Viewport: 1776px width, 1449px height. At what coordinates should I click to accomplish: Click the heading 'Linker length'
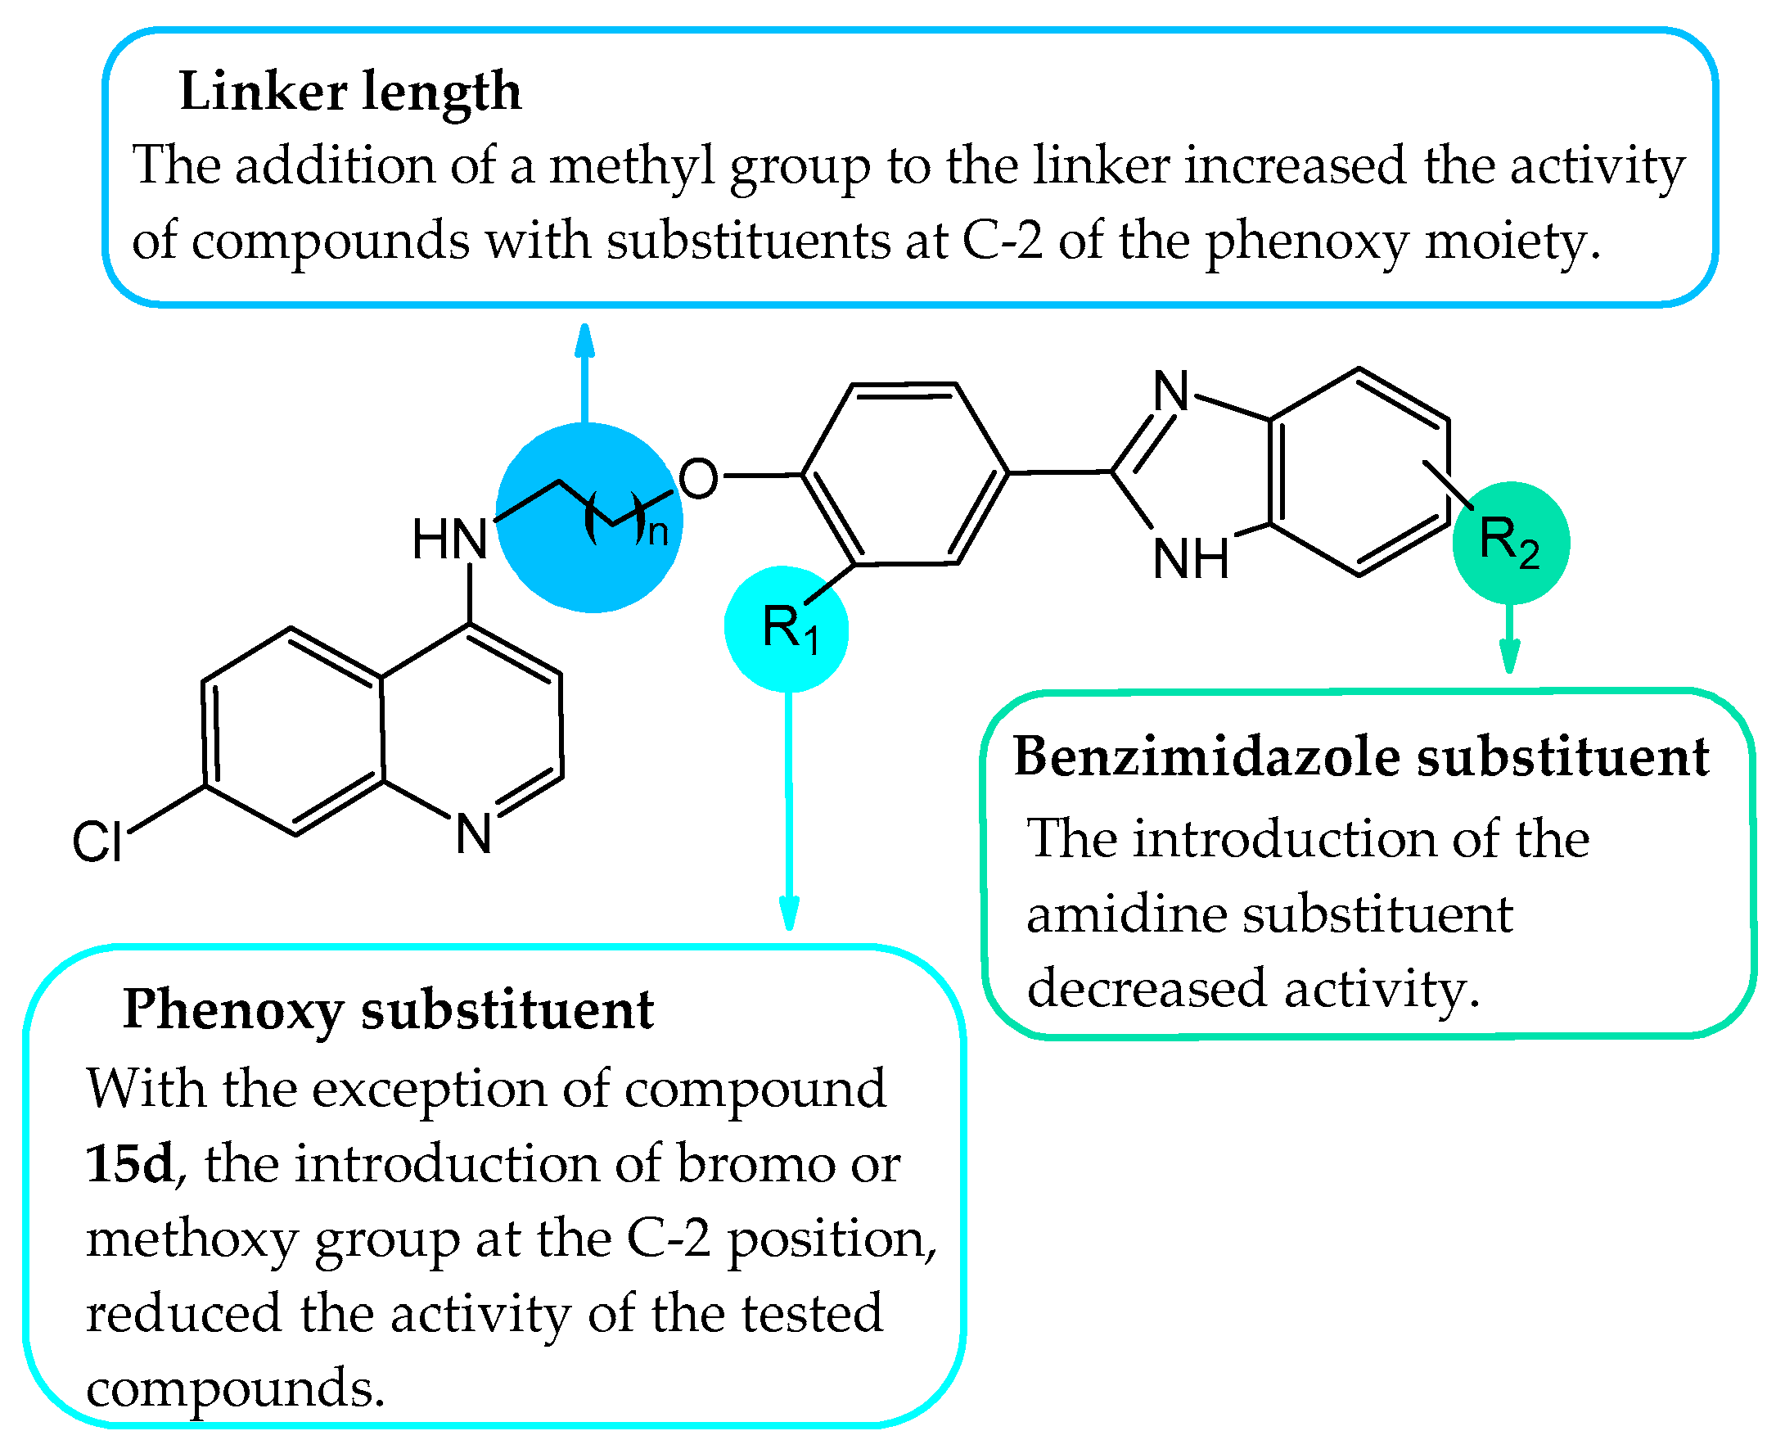pyautogui.click(x=349, y=92)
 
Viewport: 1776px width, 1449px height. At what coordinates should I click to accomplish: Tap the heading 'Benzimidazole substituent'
pyautogui.click(x=1361, y=758)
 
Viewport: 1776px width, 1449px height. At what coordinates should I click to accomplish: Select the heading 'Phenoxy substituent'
pyautogui.click(x=388, y=1011)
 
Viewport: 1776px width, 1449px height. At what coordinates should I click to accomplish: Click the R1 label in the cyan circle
pyautogui.click(x=790, y=630)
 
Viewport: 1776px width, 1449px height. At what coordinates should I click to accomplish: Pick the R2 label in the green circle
pyautogui.click(x=1508, y=543)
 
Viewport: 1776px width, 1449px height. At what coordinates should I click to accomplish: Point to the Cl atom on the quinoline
pyautogui.click(x=97, y=842)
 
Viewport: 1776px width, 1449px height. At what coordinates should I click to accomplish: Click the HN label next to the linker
pyautogui.click(x=449, y=540)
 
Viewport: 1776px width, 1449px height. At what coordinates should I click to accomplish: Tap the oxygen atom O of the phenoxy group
pyautogui.click(x=697, y=479)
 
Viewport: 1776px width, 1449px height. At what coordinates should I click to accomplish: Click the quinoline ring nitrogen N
pyautogui.click(x=473, y=834)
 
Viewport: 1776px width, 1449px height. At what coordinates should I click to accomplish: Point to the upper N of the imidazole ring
pyautogui.click(x=1171, y=391)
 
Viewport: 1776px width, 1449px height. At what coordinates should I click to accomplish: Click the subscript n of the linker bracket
pyautogui.click(x=659, y=532)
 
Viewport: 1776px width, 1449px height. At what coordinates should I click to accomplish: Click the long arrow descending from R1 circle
pyautogui.click(x=789, y=810)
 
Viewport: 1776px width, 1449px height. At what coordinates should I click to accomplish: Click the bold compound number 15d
pyautogui.click(x=129, y=1164)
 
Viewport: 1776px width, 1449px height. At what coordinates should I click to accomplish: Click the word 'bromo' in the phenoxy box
pyautogui.click(x=755, y=1164)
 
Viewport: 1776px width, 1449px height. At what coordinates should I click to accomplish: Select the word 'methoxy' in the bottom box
pyautogui.click(x=192, y=1239)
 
